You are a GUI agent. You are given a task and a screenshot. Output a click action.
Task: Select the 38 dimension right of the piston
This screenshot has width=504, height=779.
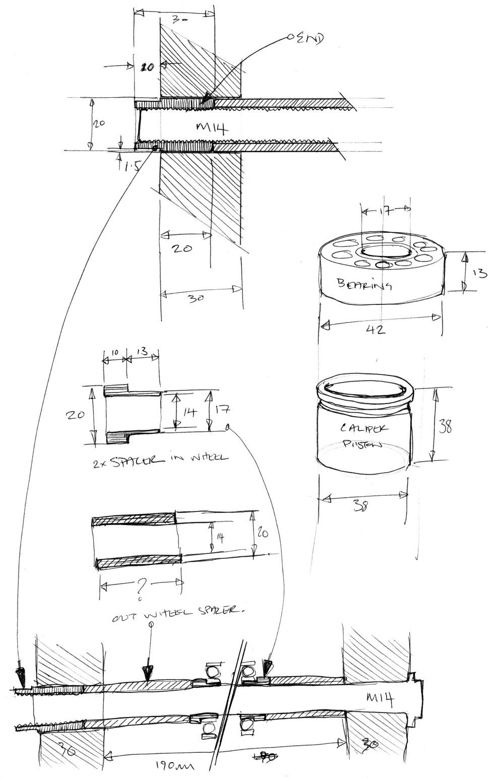445,427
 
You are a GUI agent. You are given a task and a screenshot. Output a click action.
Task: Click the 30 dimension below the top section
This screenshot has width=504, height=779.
197,298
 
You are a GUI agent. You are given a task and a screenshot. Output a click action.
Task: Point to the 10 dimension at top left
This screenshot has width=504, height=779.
147,67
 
